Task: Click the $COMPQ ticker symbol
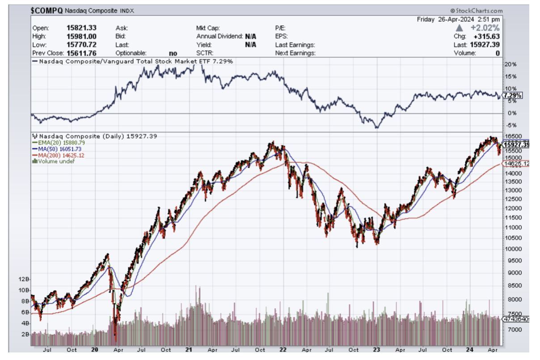click(x=46, y=10)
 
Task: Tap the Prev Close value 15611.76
click(x=82, y=53)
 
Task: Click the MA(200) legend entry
click(x=58, y=155)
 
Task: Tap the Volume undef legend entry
click(x=53, y=161)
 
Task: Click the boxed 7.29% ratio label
click(x=512, y=96)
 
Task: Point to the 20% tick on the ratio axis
click(x=510, y=64)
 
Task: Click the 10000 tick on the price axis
click(x=512, y=249)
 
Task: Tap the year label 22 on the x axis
click(x=283, y=350)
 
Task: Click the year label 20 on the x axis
click(x=95, y=350)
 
